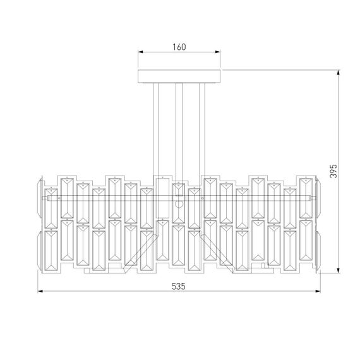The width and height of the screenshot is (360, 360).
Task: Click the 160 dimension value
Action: [179, 47]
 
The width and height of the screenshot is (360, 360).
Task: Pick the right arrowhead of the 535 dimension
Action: [320, 292]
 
